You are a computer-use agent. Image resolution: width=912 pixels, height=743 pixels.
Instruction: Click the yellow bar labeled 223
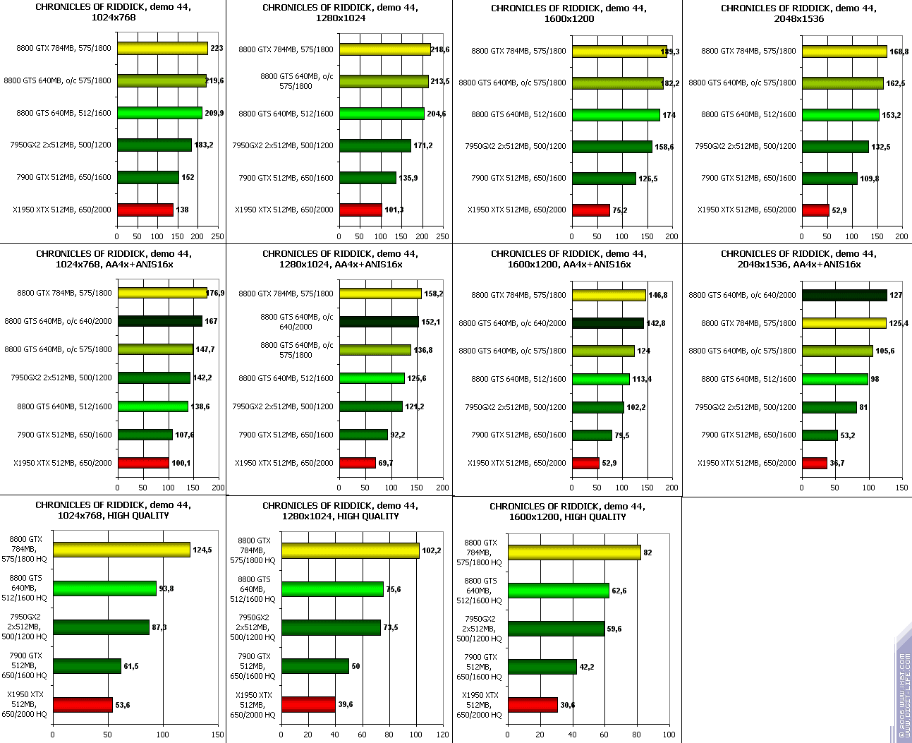[162, 49]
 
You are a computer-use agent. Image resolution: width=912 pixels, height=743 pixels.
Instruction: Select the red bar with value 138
[145, 210]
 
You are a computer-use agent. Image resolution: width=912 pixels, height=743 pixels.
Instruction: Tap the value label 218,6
[440, 50]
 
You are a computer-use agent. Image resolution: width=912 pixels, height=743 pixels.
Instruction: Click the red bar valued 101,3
[360, 210]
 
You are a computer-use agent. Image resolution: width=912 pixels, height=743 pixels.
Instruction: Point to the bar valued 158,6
[612, 147]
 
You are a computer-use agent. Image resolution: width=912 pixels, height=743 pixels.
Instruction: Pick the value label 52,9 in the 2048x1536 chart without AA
[839, 210]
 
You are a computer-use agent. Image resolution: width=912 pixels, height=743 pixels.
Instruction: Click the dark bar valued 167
[159, 321]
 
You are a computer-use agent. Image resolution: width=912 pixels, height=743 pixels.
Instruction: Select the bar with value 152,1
[379, 322]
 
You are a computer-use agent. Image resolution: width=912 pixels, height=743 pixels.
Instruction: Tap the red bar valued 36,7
[814, 463]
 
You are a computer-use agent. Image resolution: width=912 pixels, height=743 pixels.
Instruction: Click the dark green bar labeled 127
[844, 295]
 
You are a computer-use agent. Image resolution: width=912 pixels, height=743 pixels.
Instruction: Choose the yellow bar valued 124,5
[121, 550]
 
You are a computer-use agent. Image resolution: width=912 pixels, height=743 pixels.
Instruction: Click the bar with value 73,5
[331, 627]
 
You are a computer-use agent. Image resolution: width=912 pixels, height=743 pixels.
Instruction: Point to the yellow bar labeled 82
[574, 552]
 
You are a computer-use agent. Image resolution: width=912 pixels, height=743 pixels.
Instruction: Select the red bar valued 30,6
[533, 705]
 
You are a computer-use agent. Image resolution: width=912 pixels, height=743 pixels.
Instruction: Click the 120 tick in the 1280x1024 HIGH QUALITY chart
[443, 735]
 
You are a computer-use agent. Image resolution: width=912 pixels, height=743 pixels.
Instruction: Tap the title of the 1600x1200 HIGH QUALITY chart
[567, 512]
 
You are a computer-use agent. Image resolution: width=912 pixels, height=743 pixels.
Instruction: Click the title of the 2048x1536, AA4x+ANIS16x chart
[798, 259]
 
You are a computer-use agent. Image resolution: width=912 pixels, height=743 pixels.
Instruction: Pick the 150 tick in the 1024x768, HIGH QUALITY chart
[217, 735]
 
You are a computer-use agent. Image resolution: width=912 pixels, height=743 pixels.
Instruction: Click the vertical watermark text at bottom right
[904, 695]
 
